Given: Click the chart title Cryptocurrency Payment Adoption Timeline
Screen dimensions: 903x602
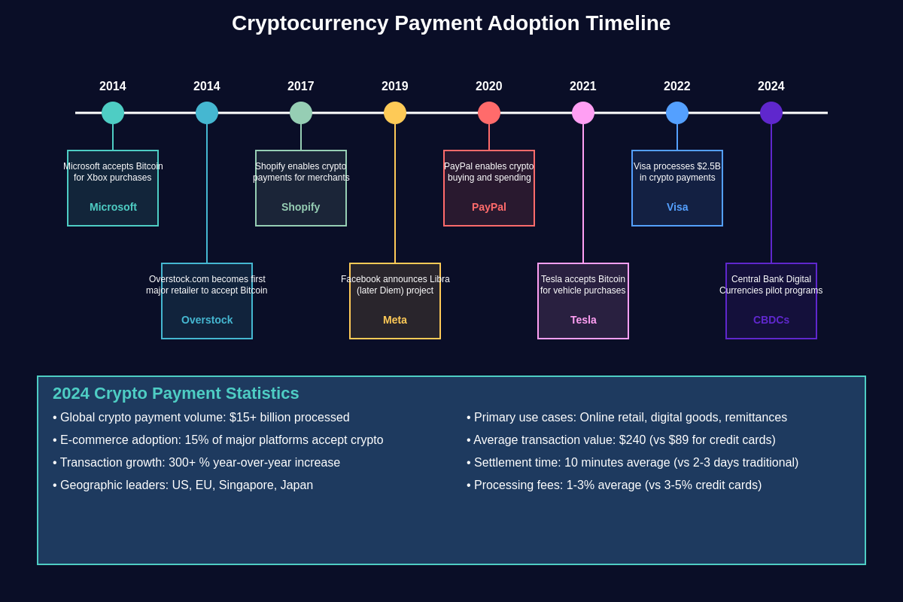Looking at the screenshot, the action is pyautogui.click(x=451, y=23).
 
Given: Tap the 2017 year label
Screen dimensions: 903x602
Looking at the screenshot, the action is pyautogui.click(x=301, y=87).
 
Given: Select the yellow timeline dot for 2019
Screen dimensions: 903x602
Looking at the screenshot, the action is pyautogui.click(x=395, y=113).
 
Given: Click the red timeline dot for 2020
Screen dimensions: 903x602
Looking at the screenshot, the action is pyautogui.click(x=489, y=113).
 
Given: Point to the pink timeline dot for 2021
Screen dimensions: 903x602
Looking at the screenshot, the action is pyautogui.click(x=583, y=113).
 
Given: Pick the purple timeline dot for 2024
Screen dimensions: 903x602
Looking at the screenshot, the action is pyautogui.click(x=771, y=113).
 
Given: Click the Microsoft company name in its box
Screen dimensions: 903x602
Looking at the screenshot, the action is pyautogui.click(x=113, y=207).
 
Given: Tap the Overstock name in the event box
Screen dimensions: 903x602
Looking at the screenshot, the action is pyautogui.click(x=207, y=320).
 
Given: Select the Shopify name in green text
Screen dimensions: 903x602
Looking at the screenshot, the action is pyautogui.click(x=301, y=207).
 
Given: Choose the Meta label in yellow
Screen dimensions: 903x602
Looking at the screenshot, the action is pyautogui.click(x=395, y=320).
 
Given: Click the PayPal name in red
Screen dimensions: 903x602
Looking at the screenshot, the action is pyautogui.click(x=489, y=207).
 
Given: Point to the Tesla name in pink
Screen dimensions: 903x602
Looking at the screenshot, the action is pyautogui.click(x=583, y=320).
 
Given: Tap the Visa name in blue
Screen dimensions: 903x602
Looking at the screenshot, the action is pyautogui.click(x=677, y=207).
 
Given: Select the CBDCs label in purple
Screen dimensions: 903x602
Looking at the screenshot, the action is pyautogui.click(x=771, y=320).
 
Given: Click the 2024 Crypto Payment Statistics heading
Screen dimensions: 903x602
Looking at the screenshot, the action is pyautogui.click(x=176, y=394).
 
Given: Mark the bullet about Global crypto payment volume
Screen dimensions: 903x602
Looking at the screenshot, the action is pyautogui.click(x=202, y=418).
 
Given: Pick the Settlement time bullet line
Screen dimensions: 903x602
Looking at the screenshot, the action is pyautogui.click(x=633, y=463).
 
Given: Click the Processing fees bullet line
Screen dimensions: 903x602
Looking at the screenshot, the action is pyautogui.click(x=614, y=485).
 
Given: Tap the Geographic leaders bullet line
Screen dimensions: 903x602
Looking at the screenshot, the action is pyautogui.click(x=183, y=485).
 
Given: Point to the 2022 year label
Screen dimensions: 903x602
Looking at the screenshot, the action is pyautogui.click(x=677, y=87).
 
